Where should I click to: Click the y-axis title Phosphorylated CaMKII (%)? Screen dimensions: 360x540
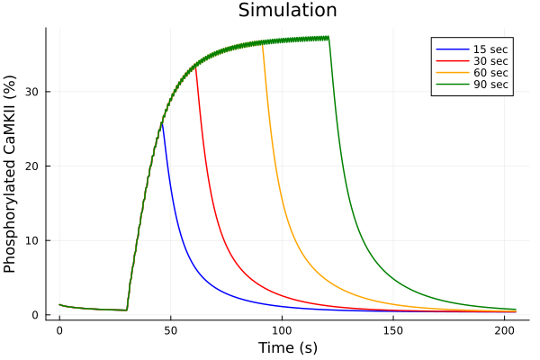pos(11,173)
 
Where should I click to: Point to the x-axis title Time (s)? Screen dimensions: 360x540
pos(287,347)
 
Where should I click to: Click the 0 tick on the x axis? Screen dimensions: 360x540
pos(59,330)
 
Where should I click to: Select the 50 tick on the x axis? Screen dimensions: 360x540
pos(171,330)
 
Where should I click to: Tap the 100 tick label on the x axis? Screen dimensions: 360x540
pos(282,330)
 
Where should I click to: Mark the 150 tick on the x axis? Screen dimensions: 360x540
pos(393,330)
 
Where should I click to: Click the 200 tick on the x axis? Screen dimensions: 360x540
pos(504,330)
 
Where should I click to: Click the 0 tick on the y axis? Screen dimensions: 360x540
pos(40,315)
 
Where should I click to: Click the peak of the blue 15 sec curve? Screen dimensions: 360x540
pos(162,121)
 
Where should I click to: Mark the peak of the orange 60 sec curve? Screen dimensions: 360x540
pos(262,43)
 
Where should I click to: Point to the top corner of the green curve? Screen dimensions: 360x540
pos(328,37)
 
